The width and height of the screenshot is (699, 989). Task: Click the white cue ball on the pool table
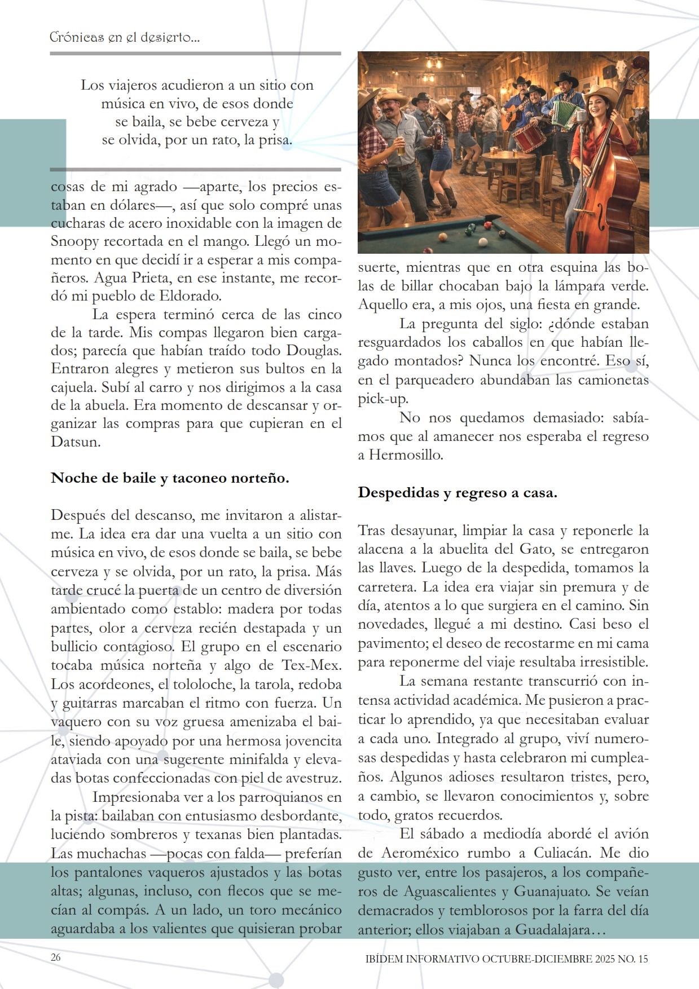click(483, 242)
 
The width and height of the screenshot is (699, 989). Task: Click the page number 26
click(55, 957)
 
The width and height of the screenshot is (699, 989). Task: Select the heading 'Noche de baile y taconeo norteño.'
click(170, 478)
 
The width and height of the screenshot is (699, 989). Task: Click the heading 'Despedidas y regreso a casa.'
click(458, 493)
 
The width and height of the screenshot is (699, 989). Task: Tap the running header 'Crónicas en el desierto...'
click(125, 38)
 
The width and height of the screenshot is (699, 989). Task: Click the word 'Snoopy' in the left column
click(74, 241)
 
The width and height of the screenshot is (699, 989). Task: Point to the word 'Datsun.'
click(76, 441)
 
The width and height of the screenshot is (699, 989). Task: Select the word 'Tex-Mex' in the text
click(311, 665)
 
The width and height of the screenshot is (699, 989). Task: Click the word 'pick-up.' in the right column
click(383, 399)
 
